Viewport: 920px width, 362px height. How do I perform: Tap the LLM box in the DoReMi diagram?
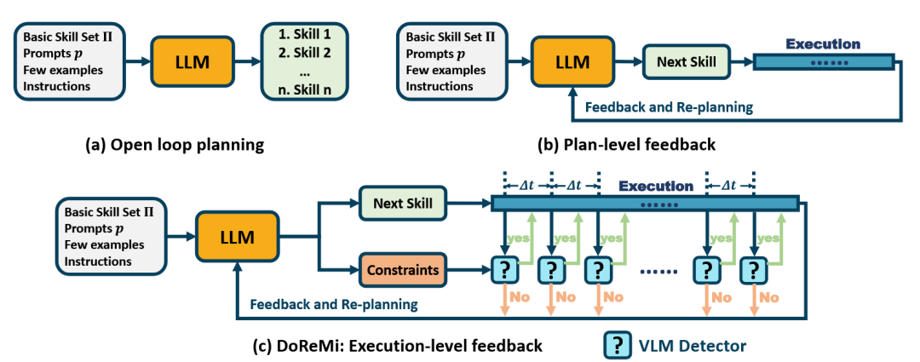[239, 238]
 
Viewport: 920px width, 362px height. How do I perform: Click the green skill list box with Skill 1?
[304, 60]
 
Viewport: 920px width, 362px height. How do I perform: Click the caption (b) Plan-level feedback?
[627, 144]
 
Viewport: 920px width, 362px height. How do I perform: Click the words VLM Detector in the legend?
[692, 346]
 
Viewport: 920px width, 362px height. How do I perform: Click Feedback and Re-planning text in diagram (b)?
[670, 107]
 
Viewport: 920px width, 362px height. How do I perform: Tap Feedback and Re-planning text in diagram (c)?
[334, 304]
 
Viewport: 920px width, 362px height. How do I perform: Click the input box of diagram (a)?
[69, 61]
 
